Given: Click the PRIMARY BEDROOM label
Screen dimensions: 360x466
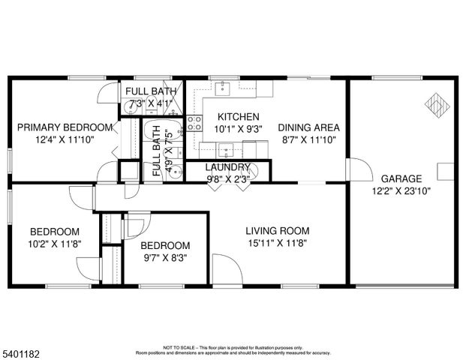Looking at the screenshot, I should coord(65,127).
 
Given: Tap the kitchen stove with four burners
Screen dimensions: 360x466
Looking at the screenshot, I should coord(194,123).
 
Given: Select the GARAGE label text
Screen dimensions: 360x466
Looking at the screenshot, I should coord(401,178).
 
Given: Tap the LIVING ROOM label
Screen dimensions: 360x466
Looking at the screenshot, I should coord(278,231).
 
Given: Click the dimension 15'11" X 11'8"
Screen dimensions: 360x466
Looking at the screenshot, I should coord(278,242).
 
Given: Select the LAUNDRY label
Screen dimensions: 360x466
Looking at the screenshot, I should coord(222,167).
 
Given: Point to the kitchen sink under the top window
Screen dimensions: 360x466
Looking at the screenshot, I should coord(223,89).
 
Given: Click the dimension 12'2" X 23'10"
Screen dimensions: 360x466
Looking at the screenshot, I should coord(401,190).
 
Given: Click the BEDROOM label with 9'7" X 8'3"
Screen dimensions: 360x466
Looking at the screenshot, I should coord(165,245).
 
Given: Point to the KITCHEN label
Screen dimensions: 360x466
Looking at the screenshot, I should coord(238,117).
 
